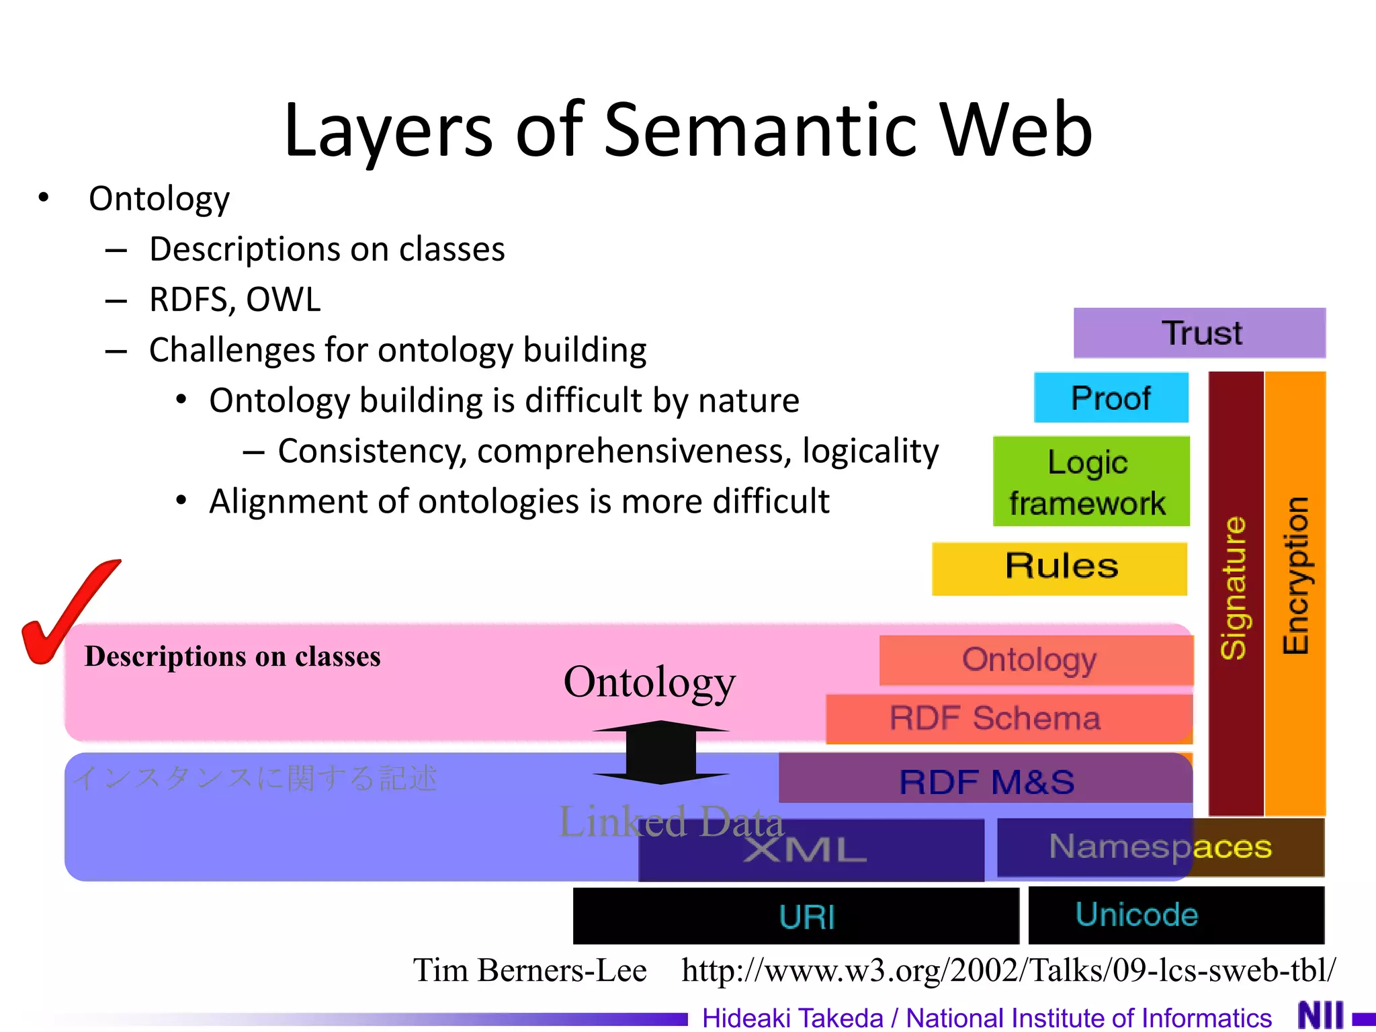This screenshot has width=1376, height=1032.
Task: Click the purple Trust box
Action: click(1199, 333)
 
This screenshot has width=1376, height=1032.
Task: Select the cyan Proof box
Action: click(1111, 398)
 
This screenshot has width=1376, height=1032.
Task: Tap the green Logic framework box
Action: click(1090, 482)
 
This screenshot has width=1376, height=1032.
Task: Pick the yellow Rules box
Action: click(1060, 568)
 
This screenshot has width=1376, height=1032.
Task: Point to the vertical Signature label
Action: click(1234, 588)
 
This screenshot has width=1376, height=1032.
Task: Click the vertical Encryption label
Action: click(1295, 576)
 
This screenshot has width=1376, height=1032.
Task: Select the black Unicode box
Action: click(1176, 915)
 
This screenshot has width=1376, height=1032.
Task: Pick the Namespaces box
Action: click(1160, 847)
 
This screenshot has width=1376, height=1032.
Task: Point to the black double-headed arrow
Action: click(661, 752)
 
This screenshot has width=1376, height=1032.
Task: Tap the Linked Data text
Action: click(671, 820)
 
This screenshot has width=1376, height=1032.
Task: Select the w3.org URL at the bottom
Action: click(1008, 970)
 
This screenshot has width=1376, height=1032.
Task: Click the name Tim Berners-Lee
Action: click(529, 970)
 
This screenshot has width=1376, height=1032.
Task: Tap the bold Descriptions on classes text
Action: click(232, 656)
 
